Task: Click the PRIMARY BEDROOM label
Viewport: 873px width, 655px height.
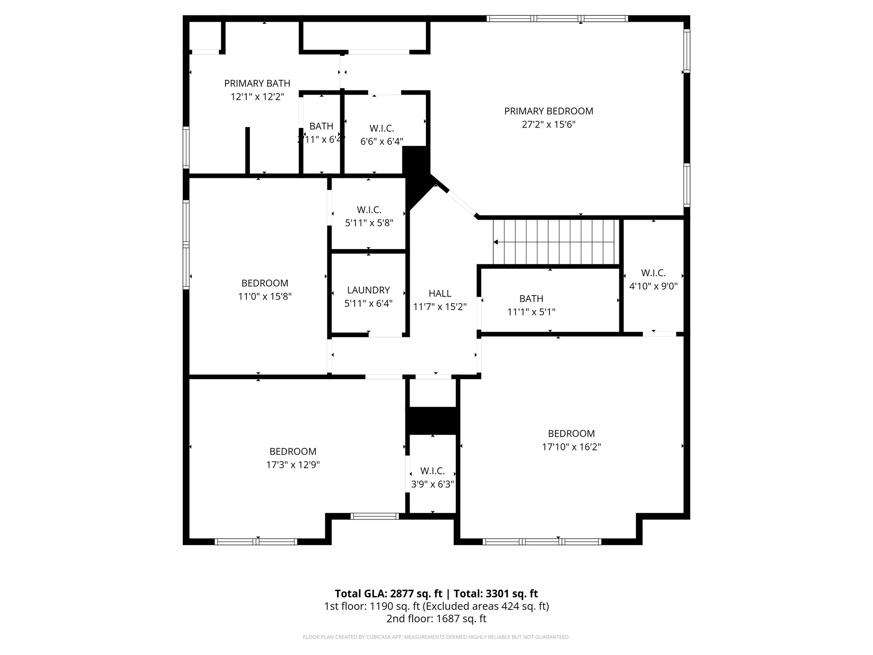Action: tap(549, 111)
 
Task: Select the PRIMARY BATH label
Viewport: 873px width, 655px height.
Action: tap(257, 84)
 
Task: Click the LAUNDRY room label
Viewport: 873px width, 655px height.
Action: tap(368, 290)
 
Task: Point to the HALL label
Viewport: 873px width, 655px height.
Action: tap(439, 293)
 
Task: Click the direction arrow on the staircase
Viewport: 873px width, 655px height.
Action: tap(496, 242)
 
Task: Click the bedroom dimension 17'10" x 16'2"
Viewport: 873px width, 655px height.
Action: tap(571, 447)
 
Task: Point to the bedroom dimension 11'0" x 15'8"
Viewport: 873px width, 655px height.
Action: tap(265, 297)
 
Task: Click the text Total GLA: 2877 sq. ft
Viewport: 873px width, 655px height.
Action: tap(389, 594)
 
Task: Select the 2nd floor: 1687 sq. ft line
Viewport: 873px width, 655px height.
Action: tap(436, 619)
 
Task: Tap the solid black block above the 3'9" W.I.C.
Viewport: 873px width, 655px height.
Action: tap(433, 420)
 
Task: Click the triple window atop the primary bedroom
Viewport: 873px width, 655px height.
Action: tap(557, 18)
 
